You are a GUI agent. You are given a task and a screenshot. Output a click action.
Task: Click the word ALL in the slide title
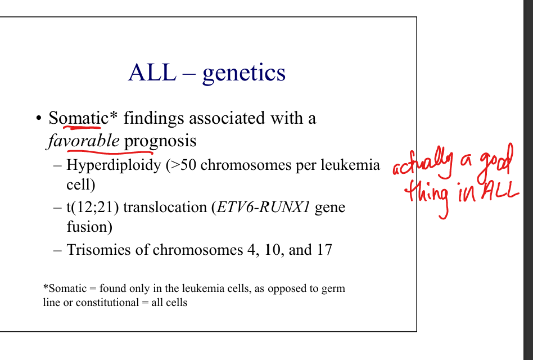(x=152, y=72)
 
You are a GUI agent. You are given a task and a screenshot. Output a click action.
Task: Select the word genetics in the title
(x=243, y=74)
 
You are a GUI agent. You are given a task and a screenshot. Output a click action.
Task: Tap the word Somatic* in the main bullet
(x=83, y=118)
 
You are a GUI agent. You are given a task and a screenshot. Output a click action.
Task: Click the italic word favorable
(x=83, y=141)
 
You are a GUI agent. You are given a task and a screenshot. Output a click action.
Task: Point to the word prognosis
(x=160, y=141)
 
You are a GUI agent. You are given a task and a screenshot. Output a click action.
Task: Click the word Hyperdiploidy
(x=114, y=165)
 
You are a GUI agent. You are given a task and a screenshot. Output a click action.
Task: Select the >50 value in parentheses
(x=183, y=165)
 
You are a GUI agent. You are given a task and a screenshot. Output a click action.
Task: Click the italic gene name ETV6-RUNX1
(x=263, y=207)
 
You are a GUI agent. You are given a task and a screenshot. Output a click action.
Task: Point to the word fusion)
(x=89, y=227)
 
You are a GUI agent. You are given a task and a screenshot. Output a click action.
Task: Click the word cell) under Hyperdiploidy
(x=80, y=184)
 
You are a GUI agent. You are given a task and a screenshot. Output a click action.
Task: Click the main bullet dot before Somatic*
(x=39, y=119)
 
